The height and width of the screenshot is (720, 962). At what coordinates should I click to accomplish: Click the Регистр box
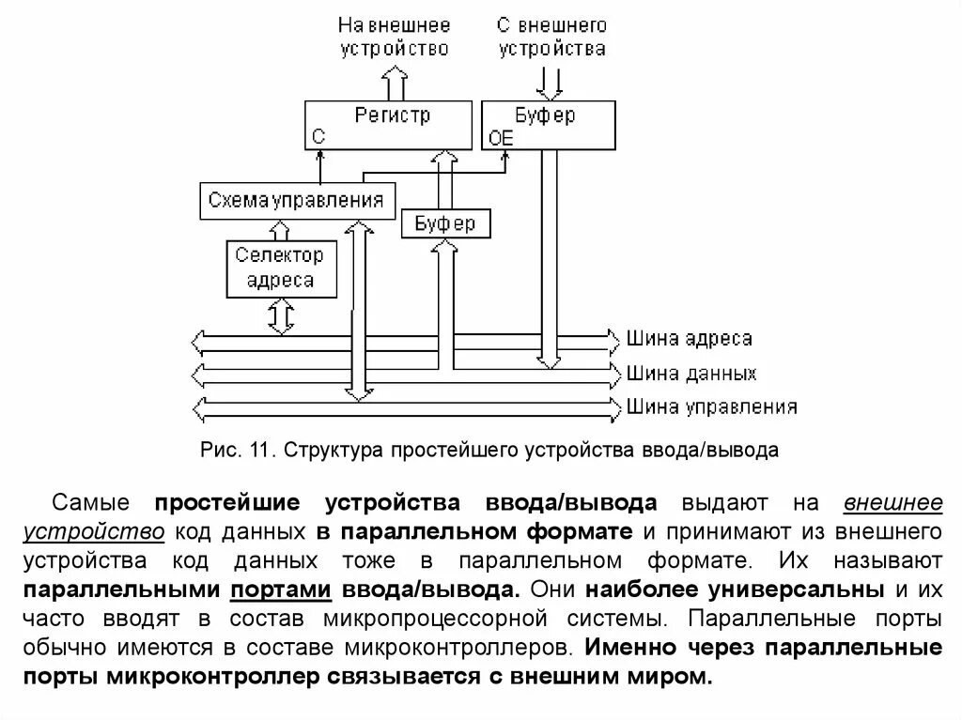388,124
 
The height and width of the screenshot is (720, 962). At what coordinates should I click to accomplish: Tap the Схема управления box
297,200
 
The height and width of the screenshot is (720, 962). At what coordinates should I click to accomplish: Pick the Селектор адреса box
280,268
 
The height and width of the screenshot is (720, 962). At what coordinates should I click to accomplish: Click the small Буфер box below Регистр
445,223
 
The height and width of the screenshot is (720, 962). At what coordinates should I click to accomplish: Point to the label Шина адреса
689,338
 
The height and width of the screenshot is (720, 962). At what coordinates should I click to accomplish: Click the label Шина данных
690,373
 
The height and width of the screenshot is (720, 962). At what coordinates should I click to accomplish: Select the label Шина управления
711,407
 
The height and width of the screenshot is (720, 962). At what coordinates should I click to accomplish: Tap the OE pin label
502,139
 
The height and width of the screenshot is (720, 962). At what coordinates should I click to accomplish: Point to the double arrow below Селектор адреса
280,316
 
